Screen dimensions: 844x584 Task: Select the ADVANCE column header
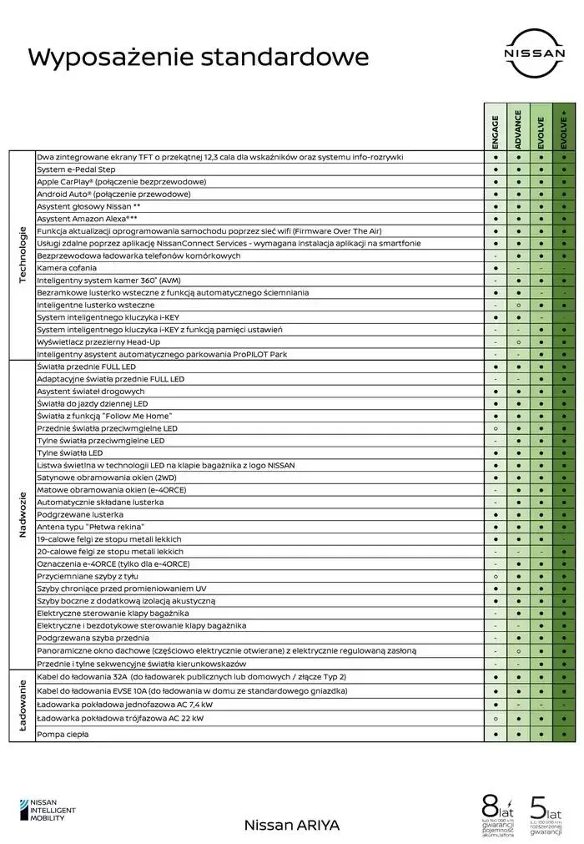pyautogui.click(x=518, y=129)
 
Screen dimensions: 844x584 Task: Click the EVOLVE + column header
pyautogui.click(x=564, y=129)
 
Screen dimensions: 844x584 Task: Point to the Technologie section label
pyautogui.click(x=23, y=255)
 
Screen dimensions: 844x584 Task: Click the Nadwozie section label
pyautogui.click(x=23, y=514)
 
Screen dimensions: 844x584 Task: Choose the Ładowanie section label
pyautogui.click(x=23, y=705)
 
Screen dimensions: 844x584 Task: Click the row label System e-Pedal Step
pyautogui.click(x=78, y=169)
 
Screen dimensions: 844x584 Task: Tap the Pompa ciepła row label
pyautogui.click(x=63, y=734)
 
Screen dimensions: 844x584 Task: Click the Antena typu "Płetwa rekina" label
pyautogui.click(x=91, y=527)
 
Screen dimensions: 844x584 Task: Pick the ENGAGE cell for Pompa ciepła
pyautogui.click(x=496, y=734)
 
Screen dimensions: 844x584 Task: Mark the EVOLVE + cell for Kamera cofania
pyautogui.click(x=564, y=268)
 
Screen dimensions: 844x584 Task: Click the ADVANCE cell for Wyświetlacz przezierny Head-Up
pyautogui.click(x=518, y=341)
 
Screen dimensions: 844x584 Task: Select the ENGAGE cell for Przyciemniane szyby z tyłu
pyautogui.click(x=496, y=576)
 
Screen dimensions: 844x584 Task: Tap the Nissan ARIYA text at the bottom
pyautogui.click(x=292, y=824)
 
